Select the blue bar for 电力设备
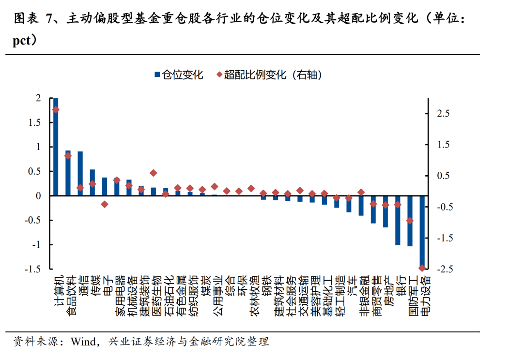[x=422, y=232]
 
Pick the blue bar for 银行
[x=398, y=220]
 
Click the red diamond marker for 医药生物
[x=154, y=173]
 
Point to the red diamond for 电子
[x=105, y=204]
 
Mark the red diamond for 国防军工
[x=410, y=221]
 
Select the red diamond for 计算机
[x=56, y=110]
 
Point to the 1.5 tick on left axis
[x=35, y=122]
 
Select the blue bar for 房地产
[x=385, y=211]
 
